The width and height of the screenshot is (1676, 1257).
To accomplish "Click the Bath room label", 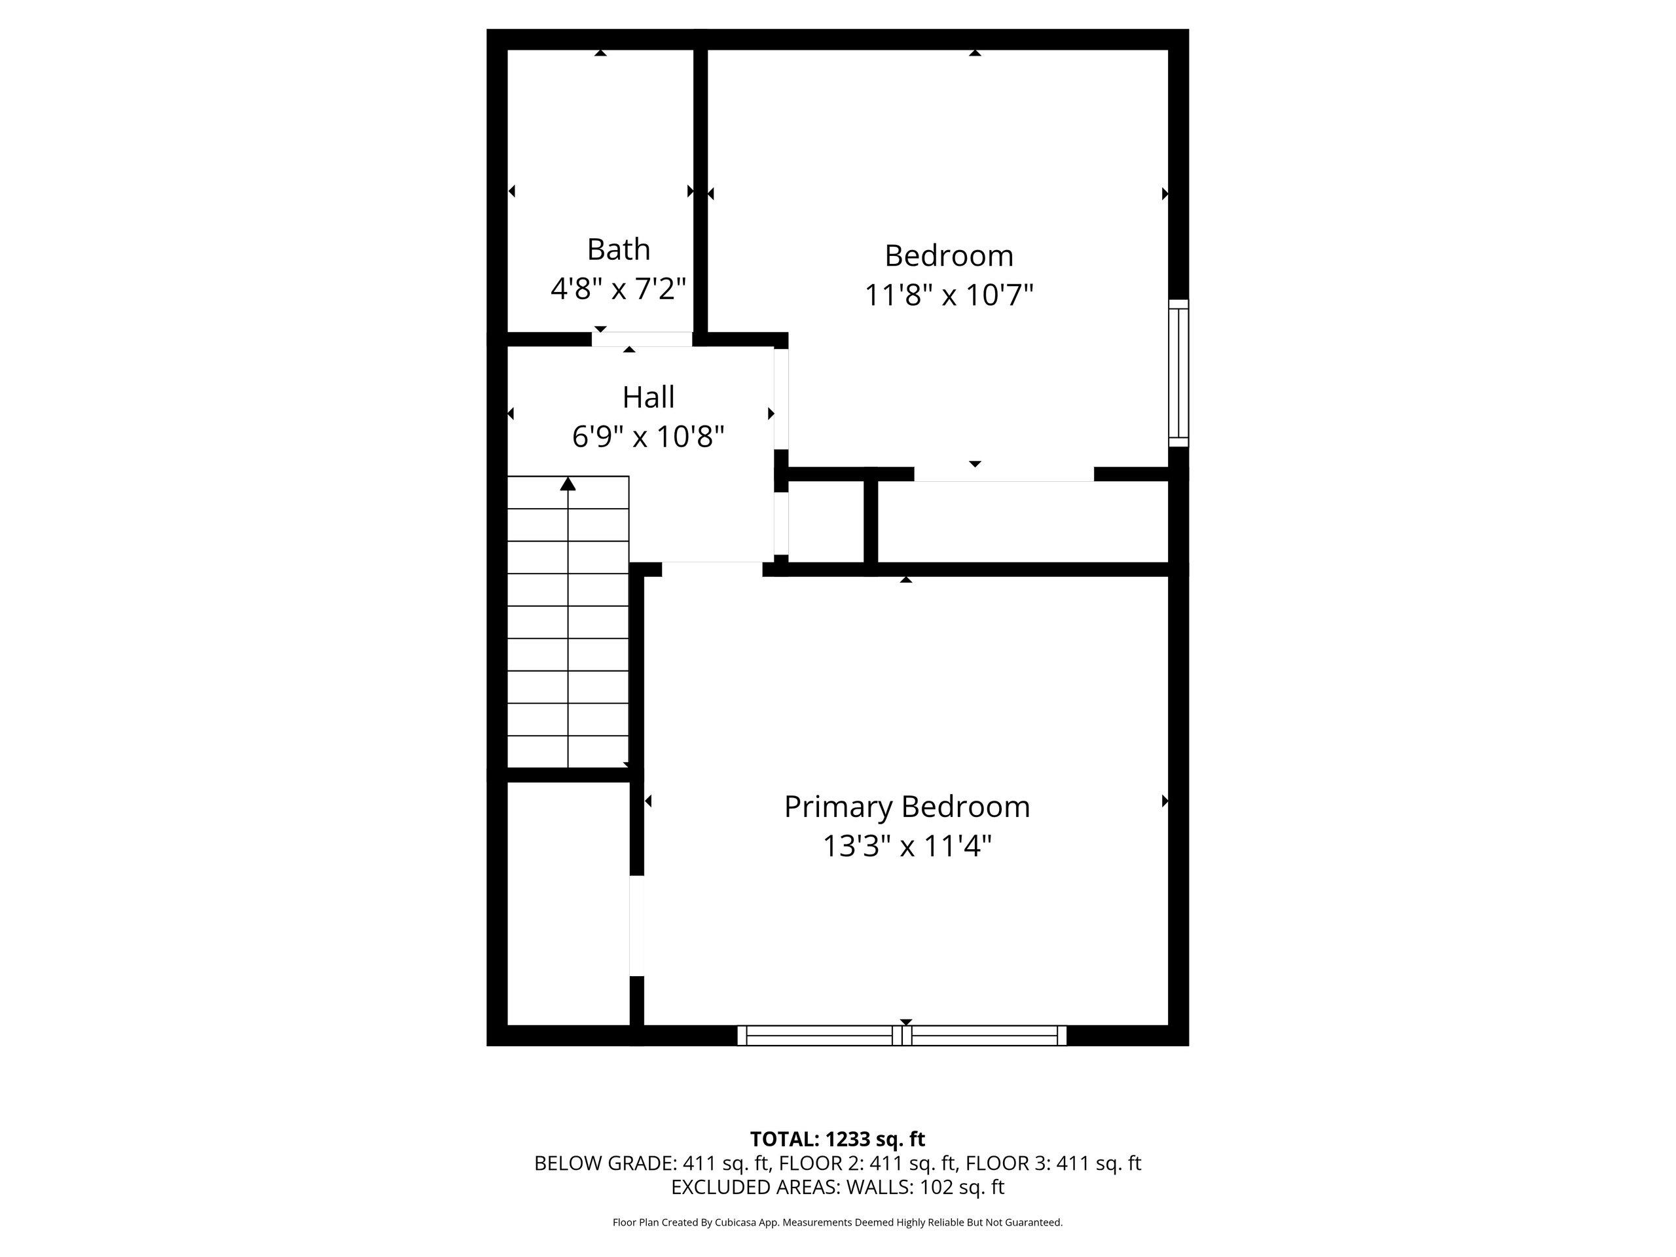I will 618,249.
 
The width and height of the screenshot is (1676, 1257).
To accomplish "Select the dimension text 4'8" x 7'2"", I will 618,289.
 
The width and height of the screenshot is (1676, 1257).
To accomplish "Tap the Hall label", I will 648,397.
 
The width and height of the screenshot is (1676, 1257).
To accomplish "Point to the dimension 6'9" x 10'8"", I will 648,437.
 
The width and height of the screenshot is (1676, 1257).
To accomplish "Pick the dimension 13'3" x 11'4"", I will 906,846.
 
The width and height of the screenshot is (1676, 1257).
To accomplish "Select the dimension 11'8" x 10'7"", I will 949,295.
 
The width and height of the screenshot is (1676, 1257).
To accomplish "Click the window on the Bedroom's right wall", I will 1178,372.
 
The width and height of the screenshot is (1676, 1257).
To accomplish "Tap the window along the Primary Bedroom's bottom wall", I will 902,1035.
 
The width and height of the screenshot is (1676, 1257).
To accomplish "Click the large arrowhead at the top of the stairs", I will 568,483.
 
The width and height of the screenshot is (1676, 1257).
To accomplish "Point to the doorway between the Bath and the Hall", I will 642,339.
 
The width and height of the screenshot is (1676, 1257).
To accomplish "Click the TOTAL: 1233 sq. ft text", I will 837,1139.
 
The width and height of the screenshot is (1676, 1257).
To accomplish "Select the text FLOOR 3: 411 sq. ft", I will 1053,1163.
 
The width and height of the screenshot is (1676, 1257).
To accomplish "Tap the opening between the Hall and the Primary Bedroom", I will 712,568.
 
